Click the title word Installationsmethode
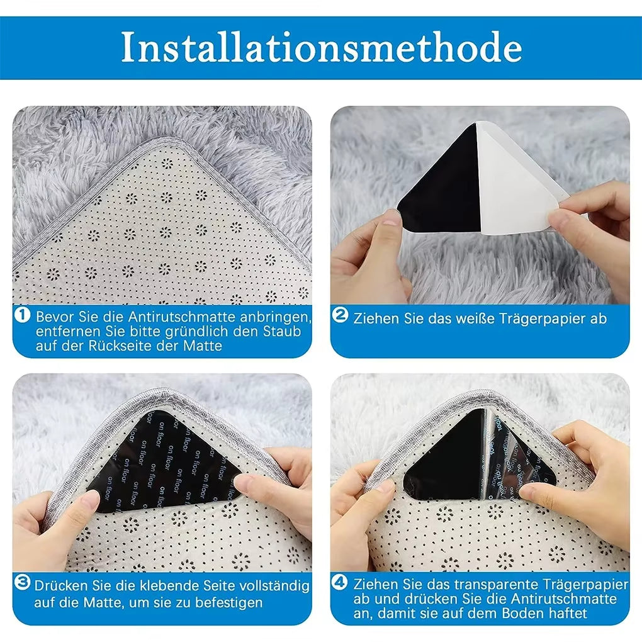pos(321,48)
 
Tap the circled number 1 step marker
pos(22,315)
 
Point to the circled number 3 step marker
pos(22,583)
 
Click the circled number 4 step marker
pos(340,583)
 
